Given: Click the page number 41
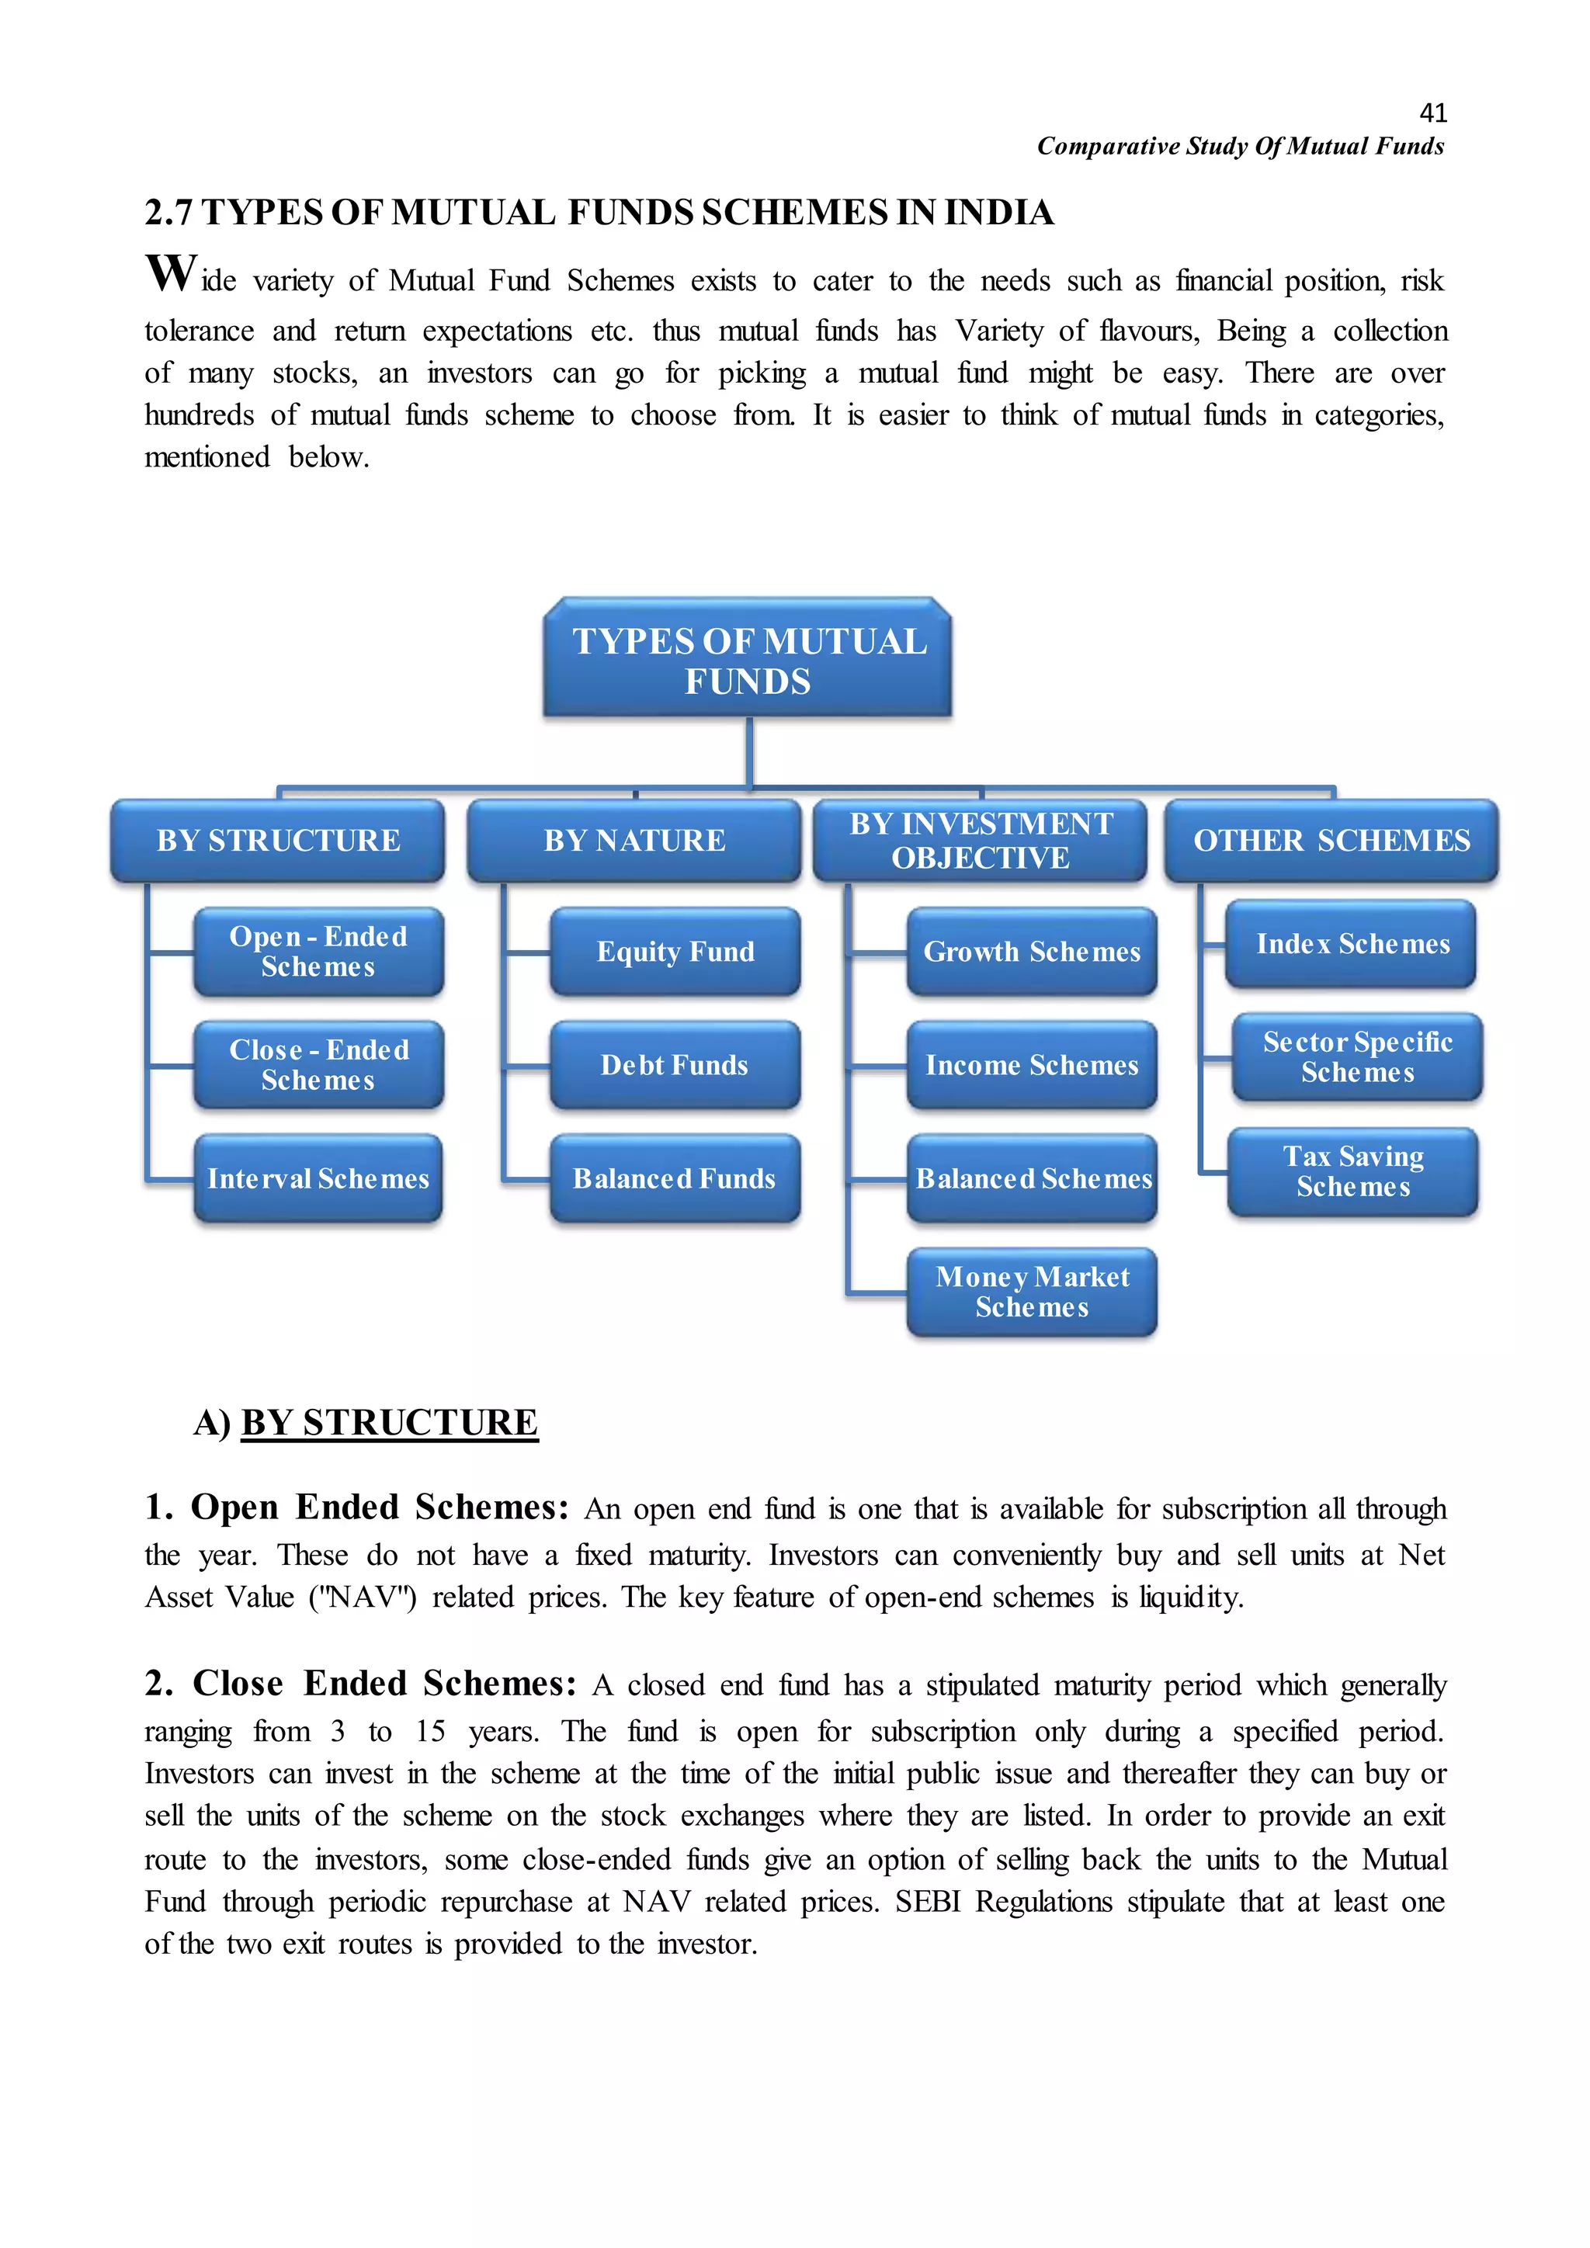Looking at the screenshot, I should (1432, 113).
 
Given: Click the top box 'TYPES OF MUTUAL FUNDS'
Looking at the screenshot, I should (748, 660).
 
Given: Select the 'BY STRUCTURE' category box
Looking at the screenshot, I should (278, 840).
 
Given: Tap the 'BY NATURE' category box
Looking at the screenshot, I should (634, 840).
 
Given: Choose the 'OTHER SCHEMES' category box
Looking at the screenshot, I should (1331, 840).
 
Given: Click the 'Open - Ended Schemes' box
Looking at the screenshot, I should (318, 952).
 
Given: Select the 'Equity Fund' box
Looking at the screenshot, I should (675, 952).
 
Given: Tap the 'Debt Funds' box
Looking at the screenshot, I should (675, 1065).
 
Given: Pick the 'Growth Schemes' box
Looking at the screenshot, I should (1032, 952).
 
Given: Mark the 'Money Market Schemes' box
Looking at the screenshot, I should (1032, 1292).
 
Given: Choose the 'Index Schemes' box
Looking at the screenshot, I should (1352, 944).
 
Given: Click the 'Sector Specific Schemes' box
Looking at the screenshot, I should (1357, 1057).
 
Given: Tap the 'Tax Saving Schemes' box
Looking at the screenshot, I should (1353, 1171).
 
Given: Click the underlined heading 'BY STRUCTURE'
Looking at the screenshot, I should (390, 1423).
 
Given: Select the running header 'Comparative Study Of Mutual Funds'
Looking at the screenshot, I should (1241, 147).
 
